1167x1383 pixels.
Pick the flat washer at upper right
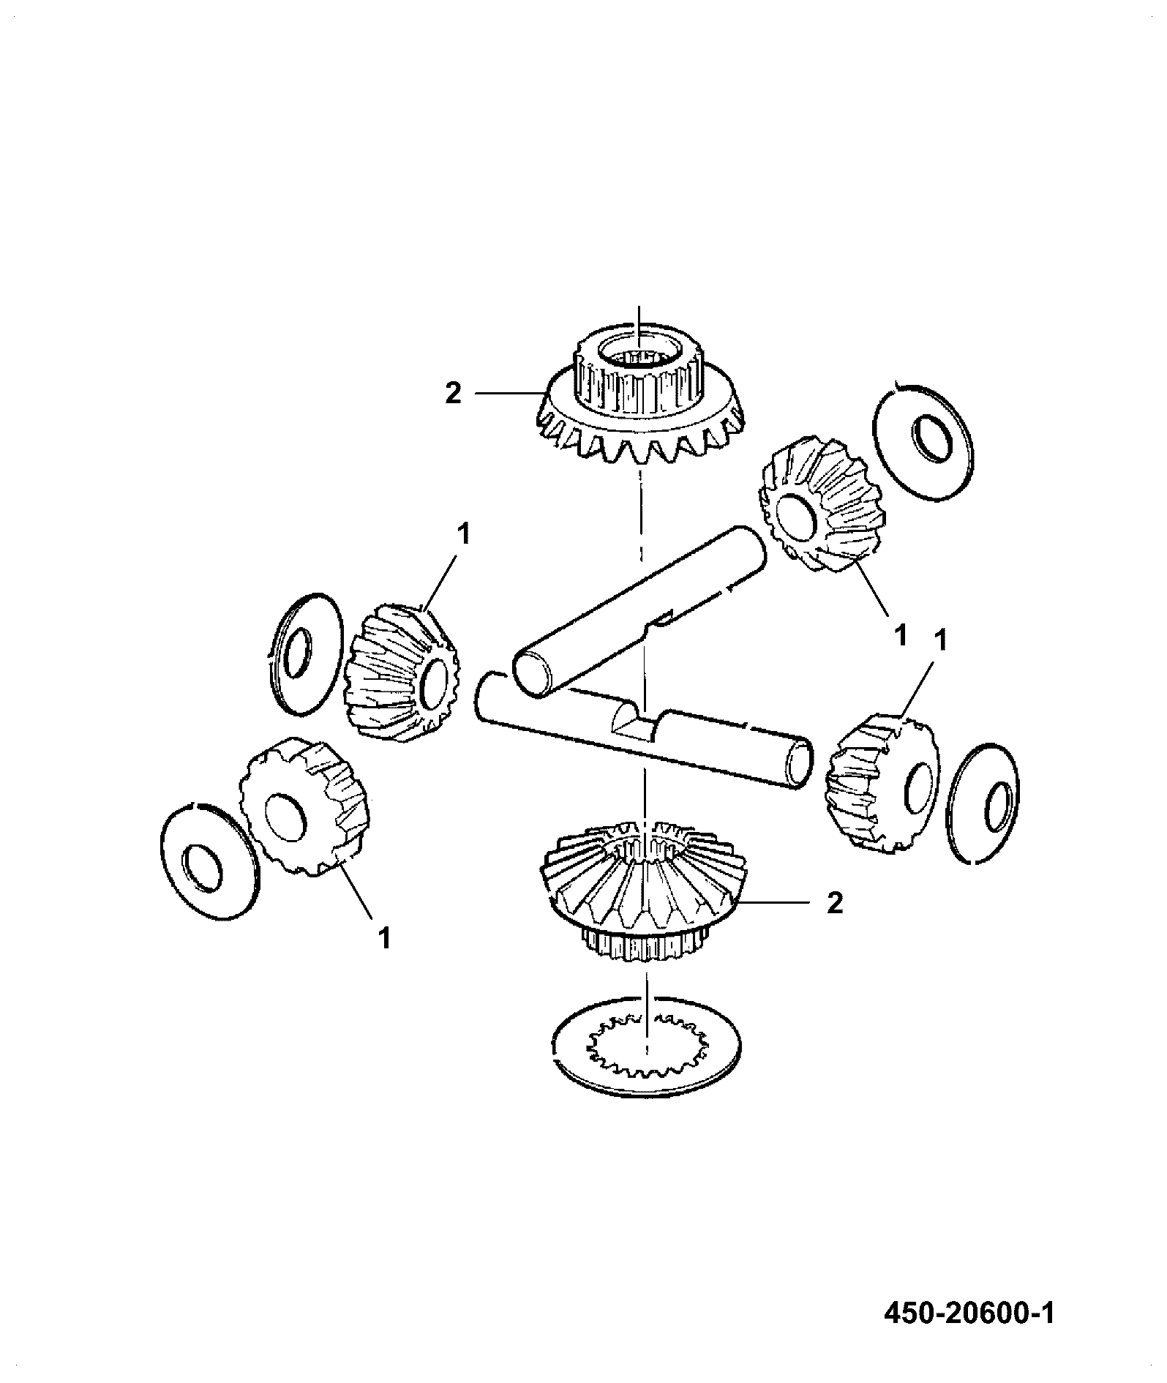(924, 441)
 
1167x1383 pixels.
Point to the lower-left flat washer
(209, 861)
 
